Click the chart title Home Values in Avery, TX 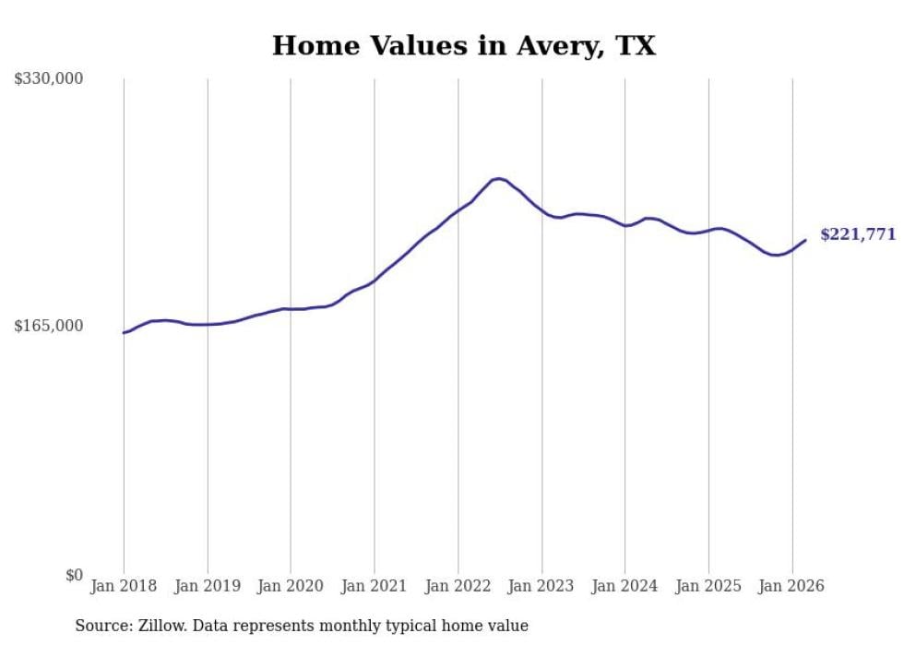tap(463, 46)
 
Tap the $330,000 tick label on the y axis tap(49, 78)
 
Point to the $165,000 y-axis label tap(49, 326)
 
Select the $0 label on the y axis tap(74, 575)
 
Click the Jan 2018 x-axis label tap(124, 586)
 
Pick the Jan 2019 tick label tap(208, 586)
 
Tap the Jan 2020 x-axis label tap(291, 586)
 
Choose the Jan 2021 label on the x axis tap(375, 586)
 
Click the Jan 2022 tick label tap(458, 586)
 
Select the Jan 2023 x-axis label tap(541, 586)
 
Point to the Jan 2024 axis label tap(624, 586)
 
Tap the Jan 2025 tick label tap(708, 586)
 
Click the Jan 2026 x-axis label tap(791, 586)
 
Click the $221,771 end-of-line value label tap(858, 234)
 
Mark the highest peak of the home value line tap(497, 178)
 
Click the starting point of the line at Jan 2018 tap(124, 332)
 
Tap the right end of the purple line tap(805, 240)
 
